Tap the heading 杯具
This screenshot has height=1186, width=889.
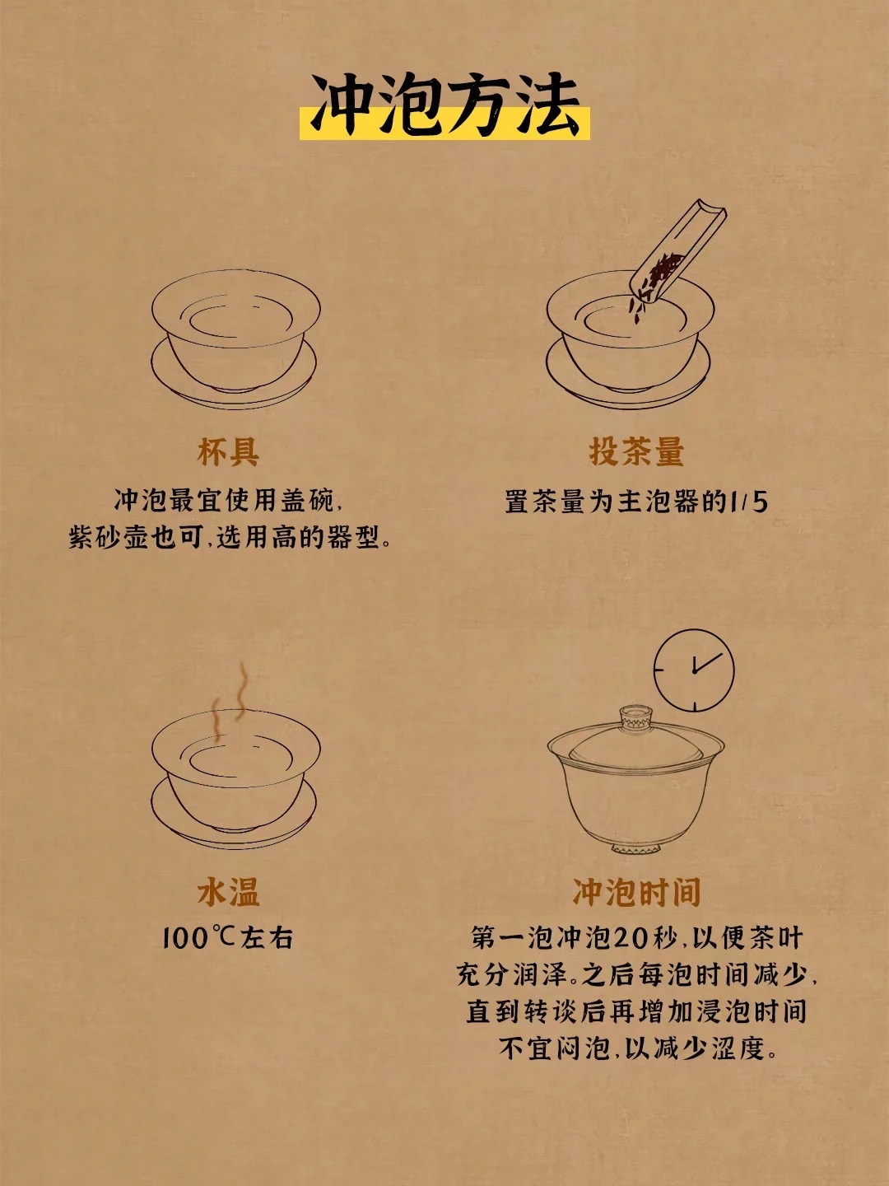click(228, 451)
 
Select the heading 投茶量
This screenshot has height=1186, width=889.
click(637, 451)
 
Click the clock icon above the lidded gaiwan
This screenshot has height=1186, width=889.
click(694, 670)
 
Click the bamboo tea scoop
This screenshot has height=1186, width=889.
click(679, 252)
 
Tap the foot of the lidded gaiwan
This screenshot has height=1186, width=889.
click(635, 849)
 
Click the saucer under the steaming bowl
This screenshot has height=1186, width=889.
click(234, 827)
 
